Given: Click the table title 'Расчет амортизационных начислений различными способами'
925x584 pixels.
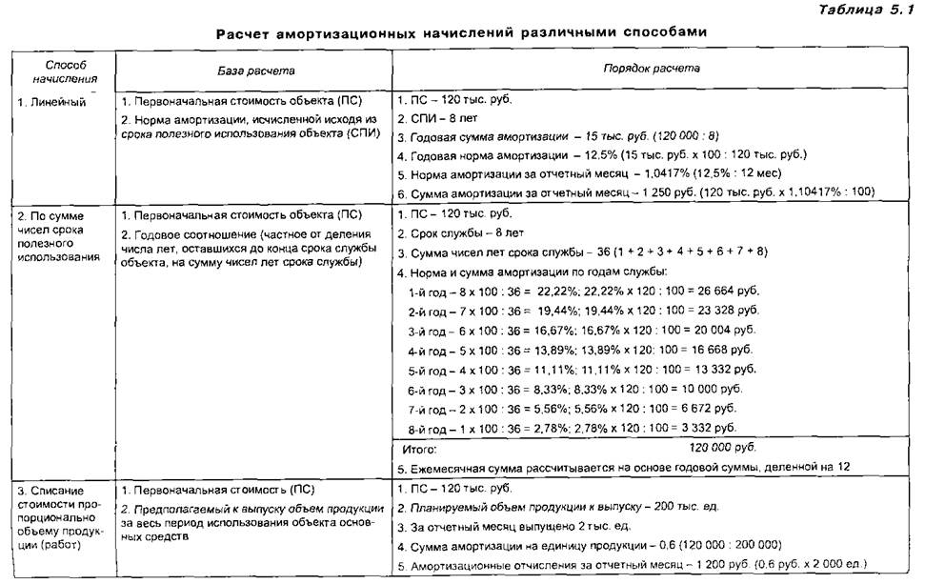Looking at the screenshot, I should pos(461,32).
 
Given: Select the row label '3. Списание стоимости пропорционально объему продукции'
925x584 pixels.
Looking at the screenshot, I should pos(60,518).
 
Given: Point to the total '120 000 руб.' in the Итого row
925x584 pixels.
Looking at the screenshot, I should pos(722,446).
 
